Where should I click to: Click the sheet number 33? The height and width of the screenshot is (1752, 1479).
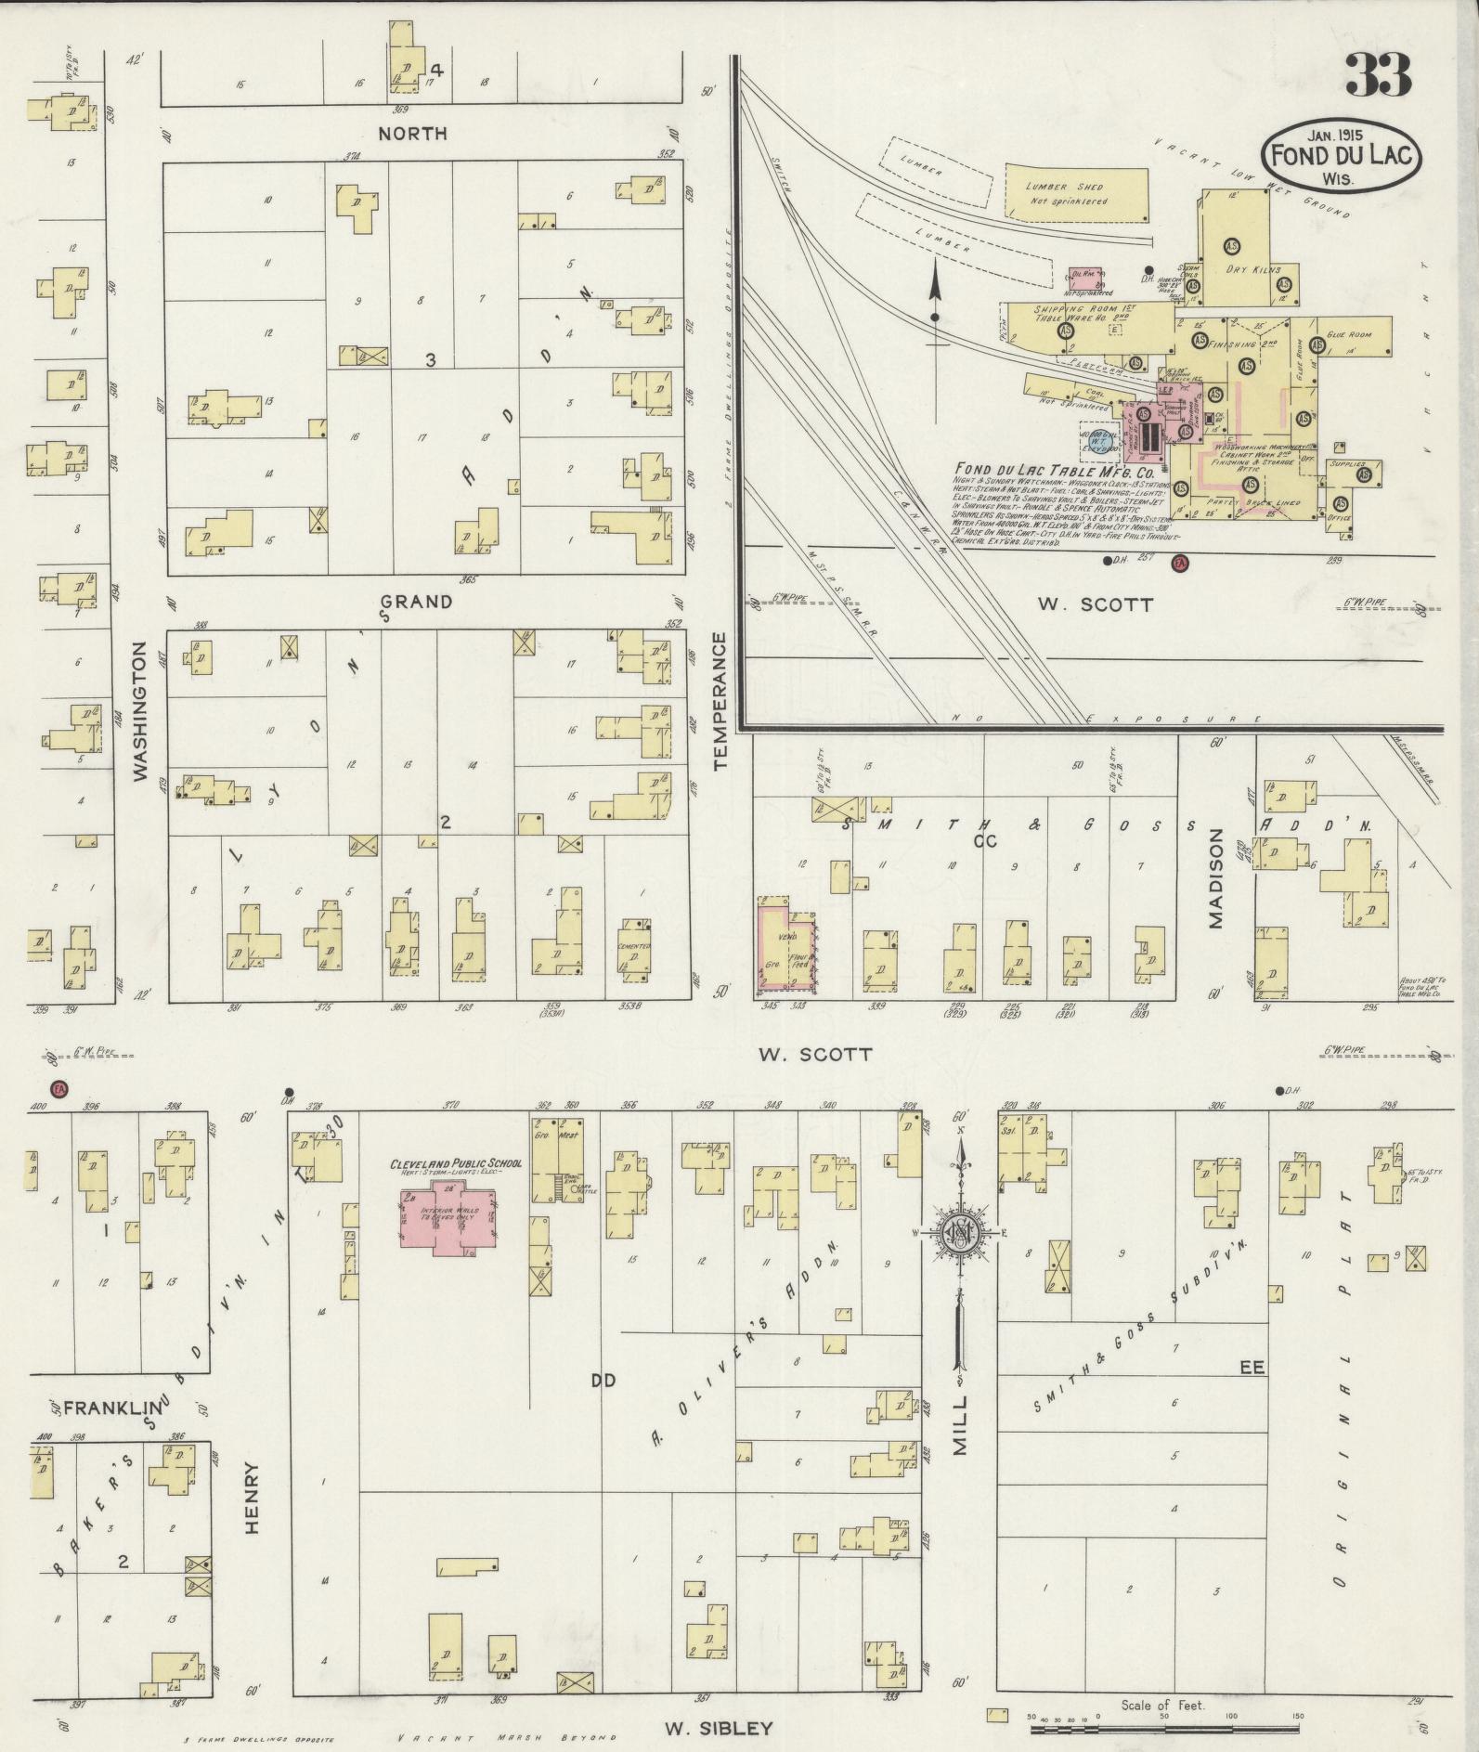pos(1377,75)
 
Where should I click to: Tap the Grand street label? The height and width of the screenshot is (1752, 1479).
pos(416,602)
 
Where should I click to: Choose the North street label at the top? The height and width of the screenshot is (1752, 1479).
pos(412,134)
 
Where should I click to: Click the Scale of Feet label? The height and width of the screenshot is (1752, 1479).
pos(1161,1705)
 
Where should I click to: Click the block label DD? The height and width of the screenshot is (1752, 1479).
pos(603,1382)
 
